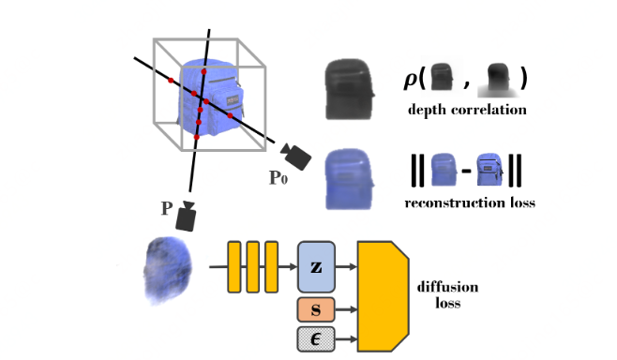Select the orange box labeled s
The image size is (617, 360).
click(317, 307)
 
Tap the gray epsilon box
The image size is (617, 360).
click(317, 339)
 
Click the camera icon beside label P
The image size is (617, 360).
click(188, 217)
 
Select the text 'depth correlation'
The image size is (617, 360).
click(466, 111)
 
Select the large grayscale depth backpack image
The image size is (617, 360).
click(349, 87)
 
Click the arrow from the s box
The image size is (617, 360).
click(346, 307)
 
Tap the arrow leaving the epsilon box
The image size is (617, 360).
click(346, 339)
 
